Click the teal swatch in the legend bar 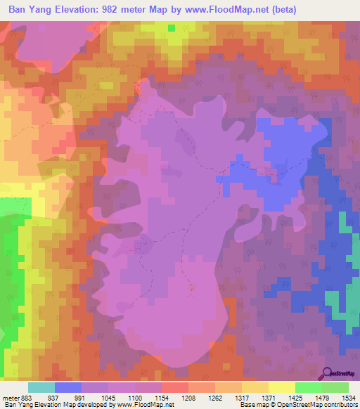pyautogui.click(x=41, y=387)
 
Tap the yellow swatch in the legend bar pyautogui.click(x=281, y=387)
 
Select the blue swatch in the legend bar pyautogui.click(x=68, y=387)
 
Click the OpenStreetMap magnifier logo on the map pyautogui.click(x=328, y=373)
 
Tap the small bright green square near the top pyautogui.click(x=172, y=27)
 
